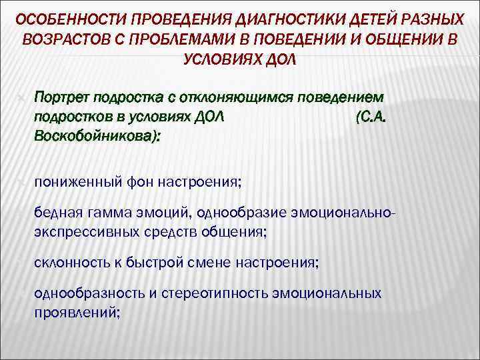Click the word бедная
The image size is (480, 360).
click(57, 213)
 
